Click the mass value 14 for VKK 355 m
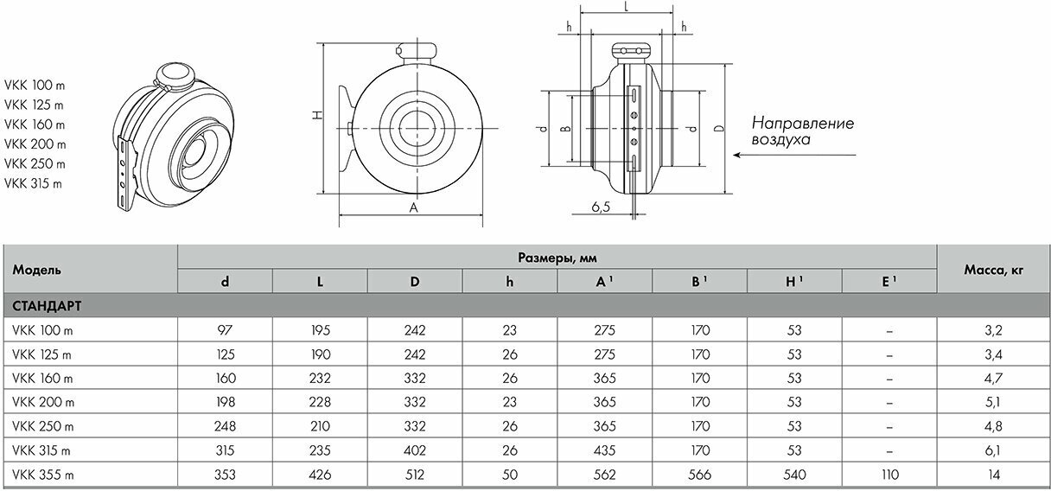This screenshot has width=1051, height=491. tap(994, 475)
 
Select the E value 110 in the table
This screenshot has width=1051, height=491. tap(889, 475)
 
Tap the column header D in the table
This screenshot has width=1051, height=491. tap(415, 282)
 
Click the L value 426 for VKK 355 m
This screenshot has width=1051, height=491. tap(320, 475)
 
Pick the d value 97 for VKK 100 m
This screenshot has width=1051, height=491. tap(225, 330)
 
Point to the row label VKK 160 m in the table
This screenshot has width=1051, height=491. tap(42, 379)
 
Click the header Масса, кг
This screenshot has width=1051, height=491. tap(994, 270)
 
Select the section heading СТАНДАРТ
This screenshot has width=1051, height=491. tap(47, 306)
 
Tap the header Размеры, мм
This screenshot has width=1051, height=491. tap(557, 258)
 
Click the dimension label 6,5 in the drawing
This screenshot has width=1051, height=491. tap(601, 207)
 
